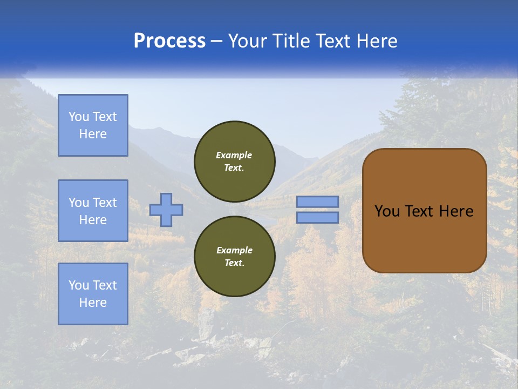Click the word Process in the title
point(169,41)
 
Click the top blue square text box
point(93,125)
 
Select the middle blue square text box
point(93,211)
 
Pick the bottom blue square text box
point(93,294)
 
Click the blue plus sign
point(166,210)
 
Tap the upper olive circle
point(235,161)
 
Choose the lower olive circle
point(235,256)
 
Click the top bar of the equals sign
point(317,202)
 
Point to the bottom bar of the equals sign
point(317,218)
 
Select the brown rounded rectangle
point(425,210)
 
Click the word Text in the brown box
point(419,211)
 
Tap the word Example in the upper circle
point(234,155)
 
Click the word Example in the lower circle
point(234,250)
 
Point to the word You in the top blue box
point(79,117)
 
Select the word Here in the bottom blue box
point(93,303)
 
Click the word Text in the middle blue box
point(105,203)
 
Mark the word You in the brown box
point(387,211)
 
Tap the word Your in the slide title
point(249,41)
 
